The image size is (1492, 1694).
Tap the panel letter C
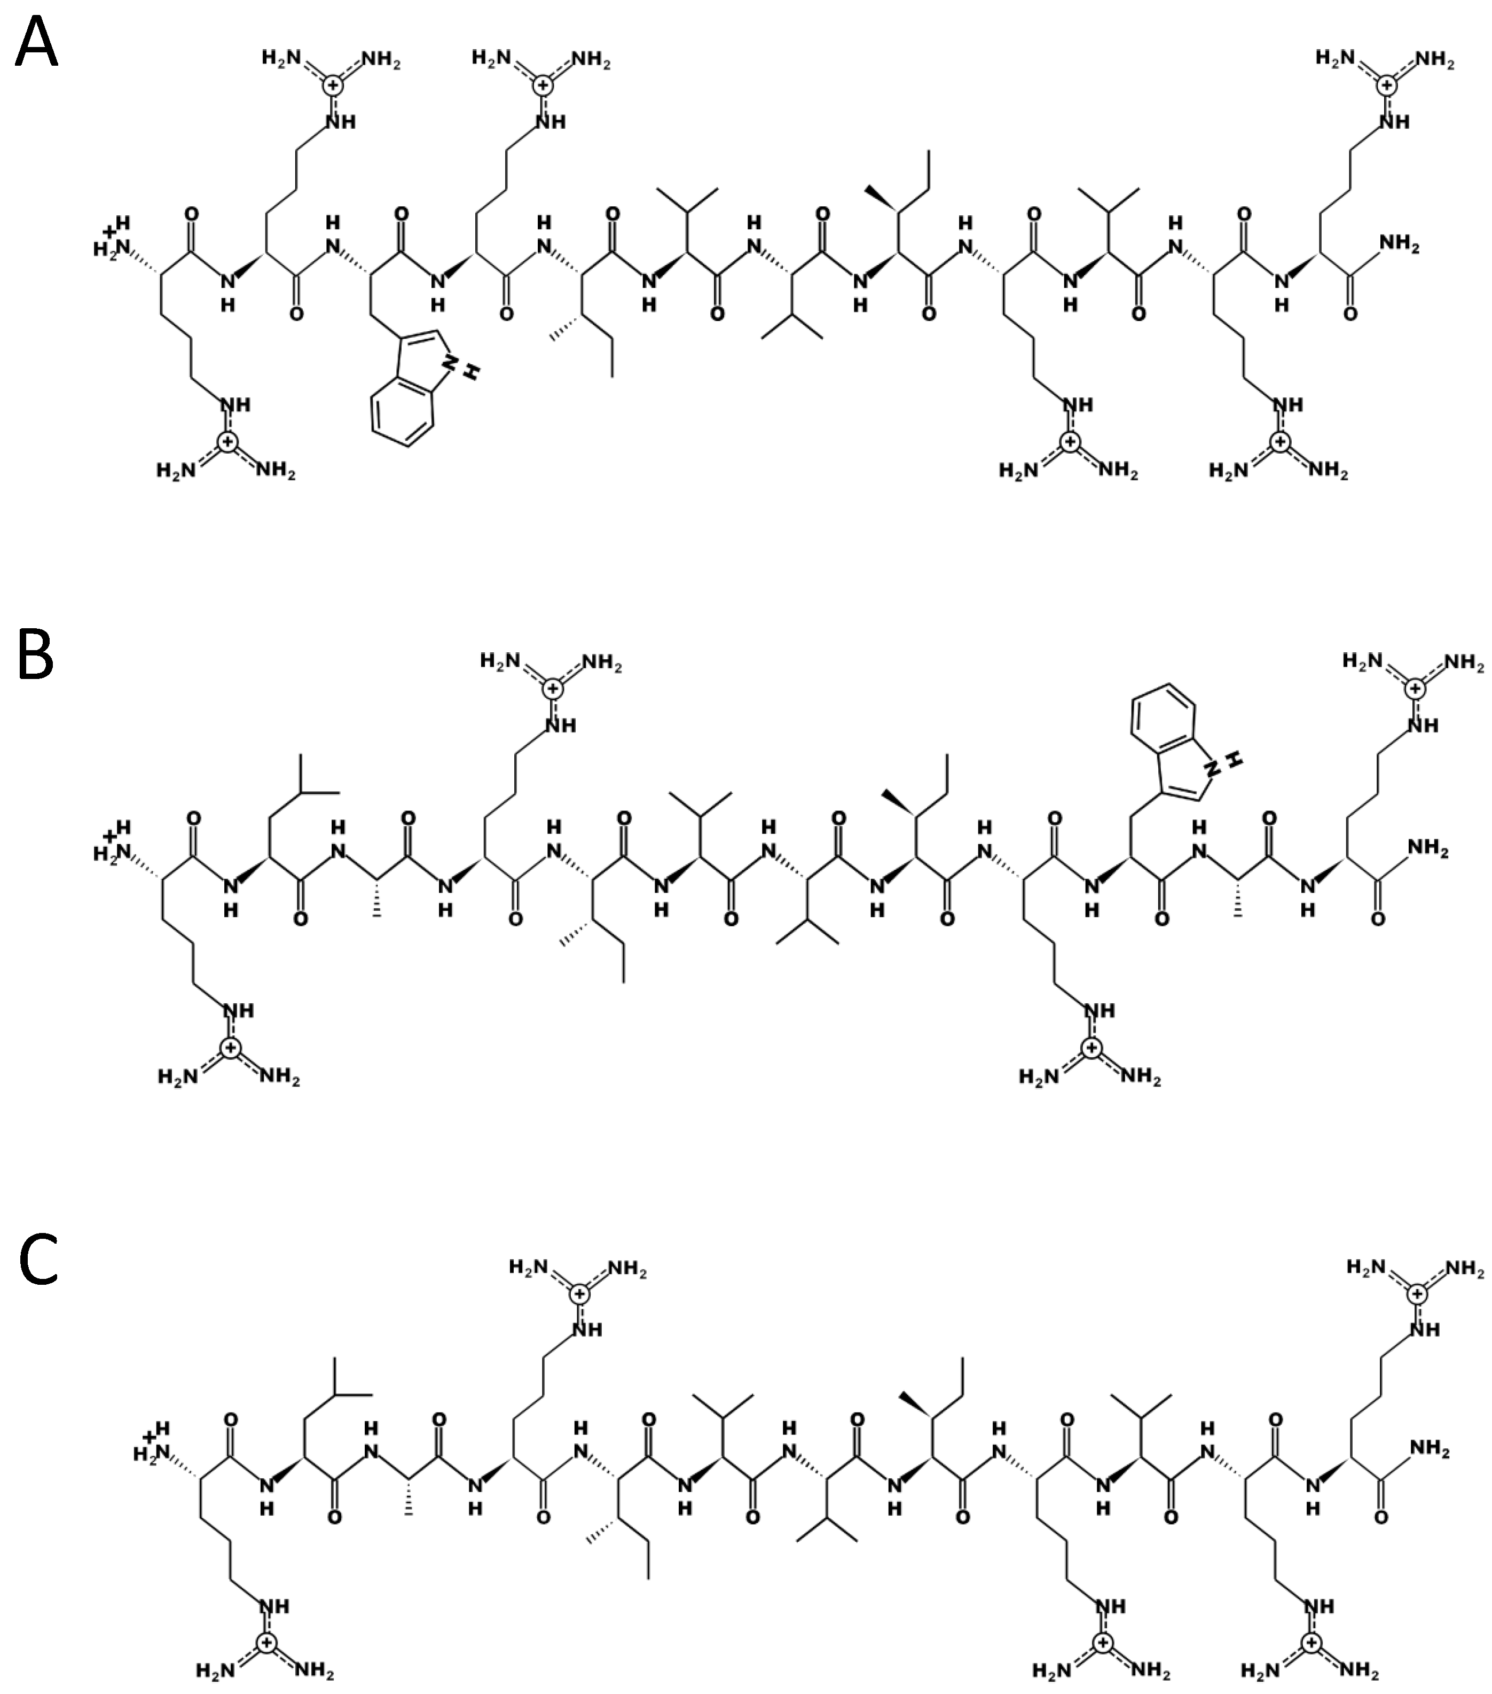coord(37,1259)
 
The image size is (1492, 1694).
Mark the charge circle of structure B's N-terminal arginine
coord(230,1048)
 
